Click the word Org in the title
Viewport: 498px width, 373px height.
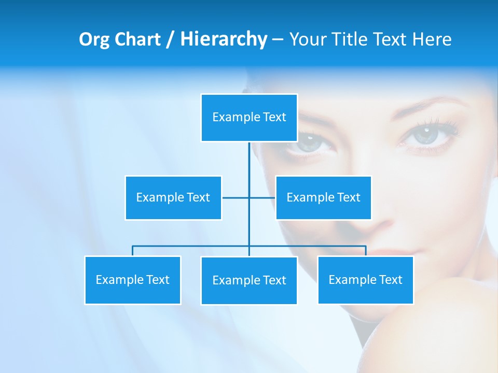[94, 39]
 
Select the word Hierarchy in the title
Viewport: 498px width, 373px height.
[223, 39]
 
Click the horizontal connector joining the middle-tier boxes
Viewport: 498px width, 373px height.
[236, 197]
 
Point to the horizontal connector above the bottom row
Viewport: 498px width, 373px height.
[192, 246]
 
